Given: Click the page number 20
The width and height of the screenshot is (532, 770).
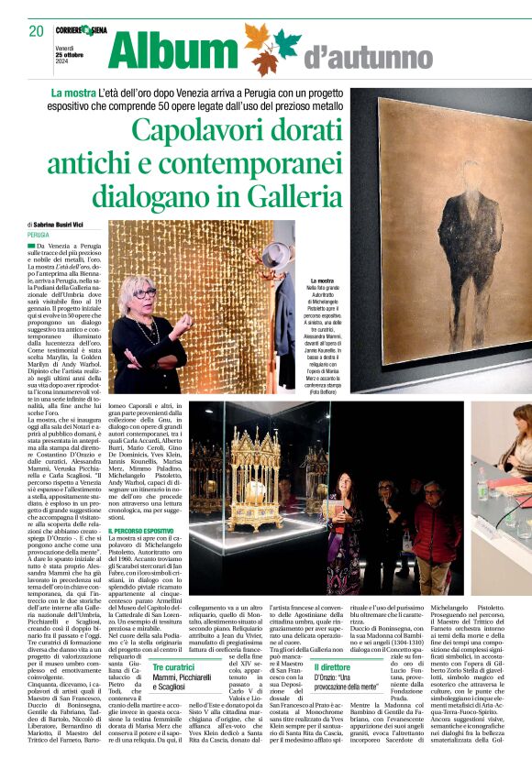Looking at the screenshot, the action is tap(37, 31).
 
